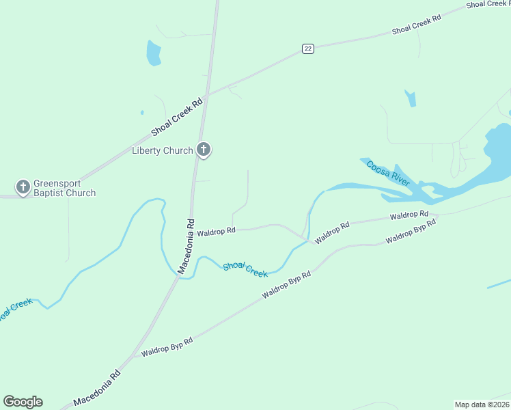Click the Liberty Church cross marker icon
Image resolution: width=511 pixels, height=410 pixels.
pyautogui.click(x=203, y=149)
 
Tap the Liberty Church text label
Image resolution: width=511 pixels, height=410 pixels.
pyautogui.click(x=163, y=150)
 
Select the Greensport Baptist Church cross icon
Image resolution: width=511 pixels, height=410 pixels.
pyautogui.click(x=23, y=186)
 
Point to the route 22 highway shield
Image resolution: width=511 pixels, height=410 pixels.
pyautogui.click(x=308, y=49)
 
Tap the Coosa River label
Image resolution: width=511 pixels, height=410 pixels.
pyautogui.click(x=387, y=173)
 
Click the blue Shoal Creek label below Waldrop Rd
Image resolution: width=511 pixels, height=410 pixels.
pyautogui.click(x=245, y=269)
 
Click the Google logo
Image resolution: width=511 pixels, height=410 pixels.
pyautogui.click(x=23, y=402)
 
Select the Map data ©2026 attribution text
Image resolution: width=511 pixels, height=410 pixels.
pyautogui.click(x=482, y=404)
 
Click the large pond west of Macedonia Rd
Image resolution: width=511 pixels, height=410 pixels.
pyautogui.click(x=154, y=53)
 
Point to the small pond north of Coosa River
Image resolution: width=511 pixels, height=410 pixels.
pyautogui.click(x=411, y=98)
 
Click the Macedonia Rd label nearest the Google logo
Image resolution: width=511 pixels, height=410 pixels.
pyautogui.click(x=97, y=387)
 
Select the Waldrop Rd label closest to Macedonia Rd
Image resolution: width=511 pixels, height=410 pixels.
pyautogui.click(x=216, y=232)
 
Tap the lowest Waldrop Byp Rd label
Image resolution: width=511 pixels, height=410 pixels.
pyautogui.click(x=167, y=346)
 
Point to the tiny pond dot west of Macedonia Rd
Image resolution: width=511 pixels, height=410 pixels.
pyautogui.click(x=142, y=112)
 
